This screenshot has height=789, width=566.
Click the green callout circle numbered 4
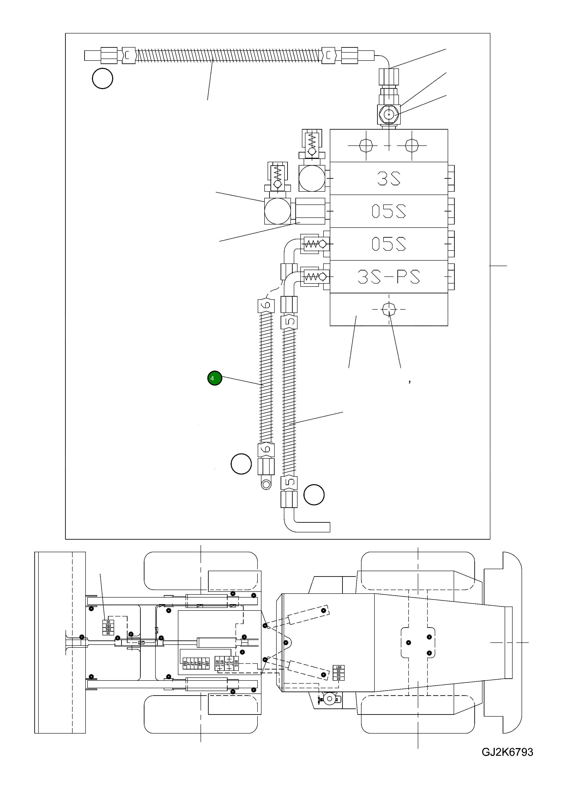click(215, 378)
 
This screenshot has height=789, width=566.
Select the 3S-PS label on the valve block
click(389, 277)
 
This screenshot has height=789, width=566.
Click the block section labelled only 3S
click(389, 178)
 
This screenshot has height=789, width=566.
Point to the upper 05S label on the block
click(389, 211)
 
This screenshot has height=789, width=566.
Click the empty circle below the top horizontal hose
click(102, 79)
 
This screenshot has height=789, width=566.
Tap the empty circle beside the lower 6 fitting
click(241, 464)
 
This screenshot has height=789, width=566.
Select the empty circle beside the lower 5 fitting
click(314, 495)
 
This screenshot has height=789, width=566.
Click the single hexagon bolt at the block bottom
click(389, 309)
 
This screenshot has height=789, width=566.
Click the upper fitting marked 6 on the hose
click(266, 305)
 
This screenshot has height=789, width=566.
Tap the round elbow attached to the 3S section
click(312, 178)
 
